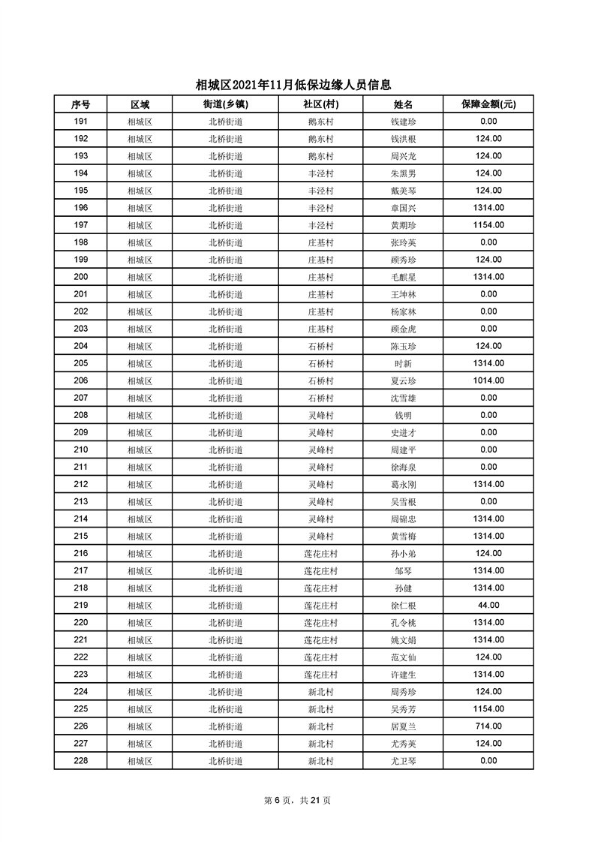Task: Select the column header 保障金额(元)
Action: pyautogui.click(x=488, y=104)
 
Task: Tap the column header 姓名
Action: pyautogui.click(x=403, y=104)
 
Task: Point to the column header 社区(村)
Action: pyautogui.click(x=320, y=104)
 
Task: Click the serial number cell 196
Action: pyautogui.click(x=81, y=208)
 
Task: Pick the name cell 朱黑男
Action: pyautogui.click(x=403, y=173)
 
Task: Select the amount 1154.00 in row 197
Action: pyautogui.click(x=488, y=225)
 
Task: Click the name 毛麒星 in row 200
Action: pyautogui.click(x=403, y=277)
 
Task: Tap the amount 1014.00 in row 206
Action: pyautogui.click(x=488, y=380)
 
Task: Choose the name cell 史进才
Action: pyautogui.click(x=403, y=432)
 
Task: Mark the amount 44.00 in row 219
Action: pyautogui.click(x=488, y=605)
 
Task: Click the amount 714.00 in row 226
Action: pyautogui.click(x=488, y=726)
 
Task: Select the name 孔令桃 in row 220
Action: pyautogui.click(x=403, y=622)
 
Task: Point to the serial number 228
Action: pyautogui.click(x=81, y=760)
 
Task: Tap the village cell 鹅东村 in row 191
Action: pyautogui.click(x=320, y=122)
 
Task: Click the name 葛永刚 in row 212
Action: pyautogui.click(x=403, y=484)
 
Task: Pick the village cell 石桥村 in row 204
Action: pyautogui.click(x=320, y=346)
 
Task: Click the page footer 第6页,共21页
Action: pyautogui.click(x=298, y=801)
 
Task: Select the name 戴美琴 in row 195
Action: pyautogui.click(x=403, y=191)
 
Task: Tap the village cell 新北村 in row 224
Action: pyautogui.click(x=320, y=691)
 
